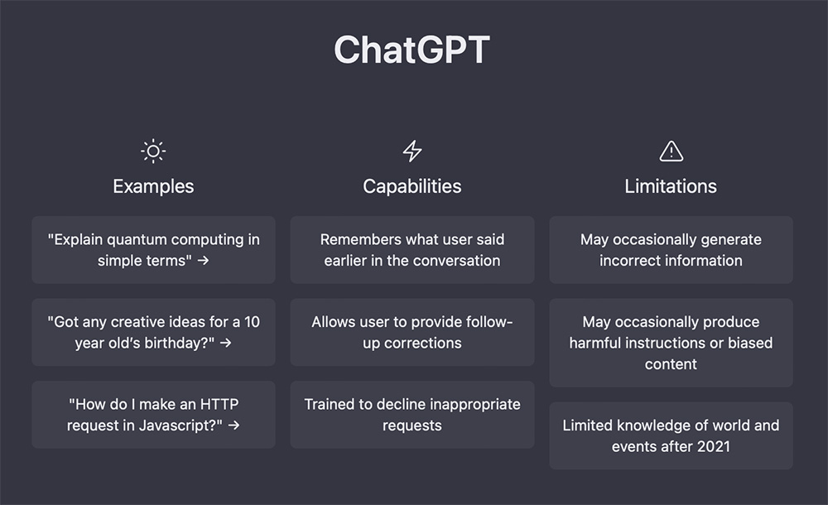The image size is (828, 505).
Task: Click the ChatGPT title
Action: click(x=412, y=50)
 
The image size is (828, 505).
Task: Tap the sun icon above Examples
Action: click(x=153, y=151)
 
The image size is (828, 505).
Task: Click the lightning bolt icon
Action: click(x=412, y=151)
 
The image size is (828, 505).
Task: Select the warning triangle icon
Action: click(x=672, y=151)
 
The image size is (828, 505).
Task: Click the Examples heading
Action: click(x=153, y=186)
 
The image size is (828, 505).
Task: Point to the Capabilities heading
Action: click(x=412, y=186)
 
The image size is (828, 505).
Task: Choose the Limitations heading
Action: click(x=671, y=186)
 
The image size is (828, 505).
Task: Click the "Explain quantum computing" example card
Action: click(x=154, y=250)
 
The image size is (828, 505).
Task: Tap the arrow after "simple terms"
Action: click(x=204, y=261)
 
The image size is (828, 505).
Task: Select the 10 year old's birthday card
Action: click(x=154, y=332)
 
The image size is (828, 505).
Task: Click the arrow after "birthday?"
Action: click(x=226, y=343)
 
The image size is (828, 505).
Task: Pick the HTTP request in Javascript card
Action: click(x=154, y=415)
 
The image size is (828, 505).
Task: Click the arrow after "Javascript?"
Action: click(x=234, y=426)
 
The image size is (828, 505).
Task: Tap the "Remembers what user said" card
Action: click(x=412, y=250)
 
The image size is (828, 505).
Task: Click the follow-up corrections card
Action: click(x=412, y=332)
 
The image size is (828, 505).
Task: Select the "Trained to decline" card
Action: click(x=412, y=415)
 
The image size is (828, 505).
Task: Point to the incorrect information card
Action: click(x=672, y=250)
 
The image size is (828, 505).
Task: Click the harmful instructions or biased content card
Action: click(x=672, y=343)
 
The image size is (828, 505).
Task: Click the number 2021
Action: click(x=714, y=446)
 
